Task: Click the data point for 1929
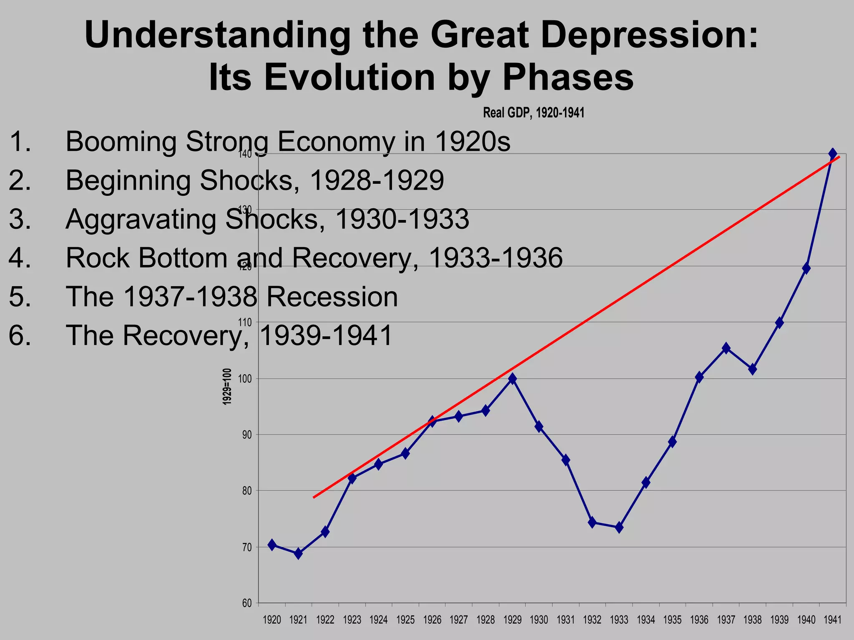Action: point(512,379)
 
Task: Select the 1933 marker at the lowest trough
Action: point(619,527)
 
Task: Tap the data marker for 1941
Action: point(833,154)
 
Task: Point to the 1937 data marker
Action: point(726,348)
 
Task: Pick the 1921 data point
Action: point(298,554)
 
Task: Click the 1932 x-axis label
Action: point(592,620)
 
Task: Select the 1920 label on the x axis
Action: point(272,620)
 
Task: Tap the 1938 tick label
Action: point(753,620)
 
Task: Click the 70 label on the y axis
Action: point(247,547)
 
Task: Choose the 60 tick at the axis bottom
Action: point(247,603)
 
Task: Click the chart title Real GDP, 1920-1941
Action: point(534,112)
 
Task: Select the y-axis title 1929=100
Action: point(227,387)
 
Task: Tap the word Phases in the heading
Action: point(568,77)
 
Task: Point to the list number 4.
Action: point(19,258)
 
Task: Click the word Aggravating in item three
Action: point(141,219)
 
